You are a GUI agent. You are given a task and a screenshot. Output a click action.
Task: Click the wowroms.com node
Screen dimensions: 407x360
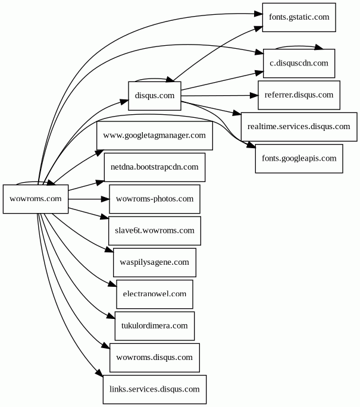[36, 199]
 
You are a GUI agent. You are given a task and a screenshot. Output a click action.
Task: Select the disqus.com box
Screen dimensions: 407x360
[155, 95]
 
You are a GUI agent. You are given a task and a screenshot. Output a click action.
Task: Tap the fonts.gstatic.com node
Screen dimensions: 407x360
[299, 17]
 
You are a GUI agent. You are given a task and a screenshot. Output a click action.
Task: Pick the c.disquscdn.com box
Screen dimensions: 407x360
[299, 63]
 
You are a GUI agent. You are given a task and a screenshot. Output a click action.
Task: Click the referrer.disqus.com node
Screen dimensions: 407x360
[299, 95]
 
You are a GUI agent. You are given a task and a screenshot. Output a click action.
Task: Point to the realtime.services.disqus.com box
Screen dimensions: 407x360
[299, 127]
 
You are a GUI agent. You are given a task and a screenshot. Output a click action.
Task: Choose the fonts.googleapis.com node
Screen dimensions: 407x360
[299, 159]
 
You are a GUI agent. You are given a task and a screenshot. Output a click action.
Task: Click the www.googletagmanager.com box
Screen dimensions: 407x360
[154, 136]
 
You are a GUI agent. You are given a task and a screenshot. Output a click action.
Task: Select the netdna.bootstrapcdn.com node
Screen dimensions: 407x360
[154, 167]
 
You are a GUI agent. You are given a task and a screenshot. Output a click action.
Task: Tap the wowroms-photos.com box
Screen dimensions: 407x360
[154, 199]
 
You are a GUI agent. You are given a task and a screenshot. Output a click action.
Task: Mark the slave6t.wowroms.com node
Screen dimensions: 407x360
[154, 230]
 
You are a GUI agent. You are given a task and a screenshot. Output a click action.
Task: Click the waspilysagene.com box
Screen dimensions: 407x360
[154, 262]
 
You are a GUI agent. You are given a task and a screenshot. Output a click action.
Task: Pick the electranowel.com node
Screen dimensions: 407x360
[154, 294]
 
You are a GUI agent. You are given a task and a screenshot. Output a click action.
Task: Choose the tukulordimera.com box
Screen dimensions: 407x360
[154, 326]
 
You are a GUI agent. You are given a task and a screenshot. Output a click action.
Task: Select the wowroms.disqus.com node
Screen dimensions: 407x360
[154, 358]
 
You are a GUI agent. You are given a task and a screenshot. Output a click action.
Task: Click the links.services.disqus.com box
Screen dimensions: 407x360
[154, 390]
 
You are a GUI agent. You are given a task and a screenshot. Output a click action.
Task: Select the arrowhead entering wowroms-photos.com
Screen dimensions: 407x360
[105, 199]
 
